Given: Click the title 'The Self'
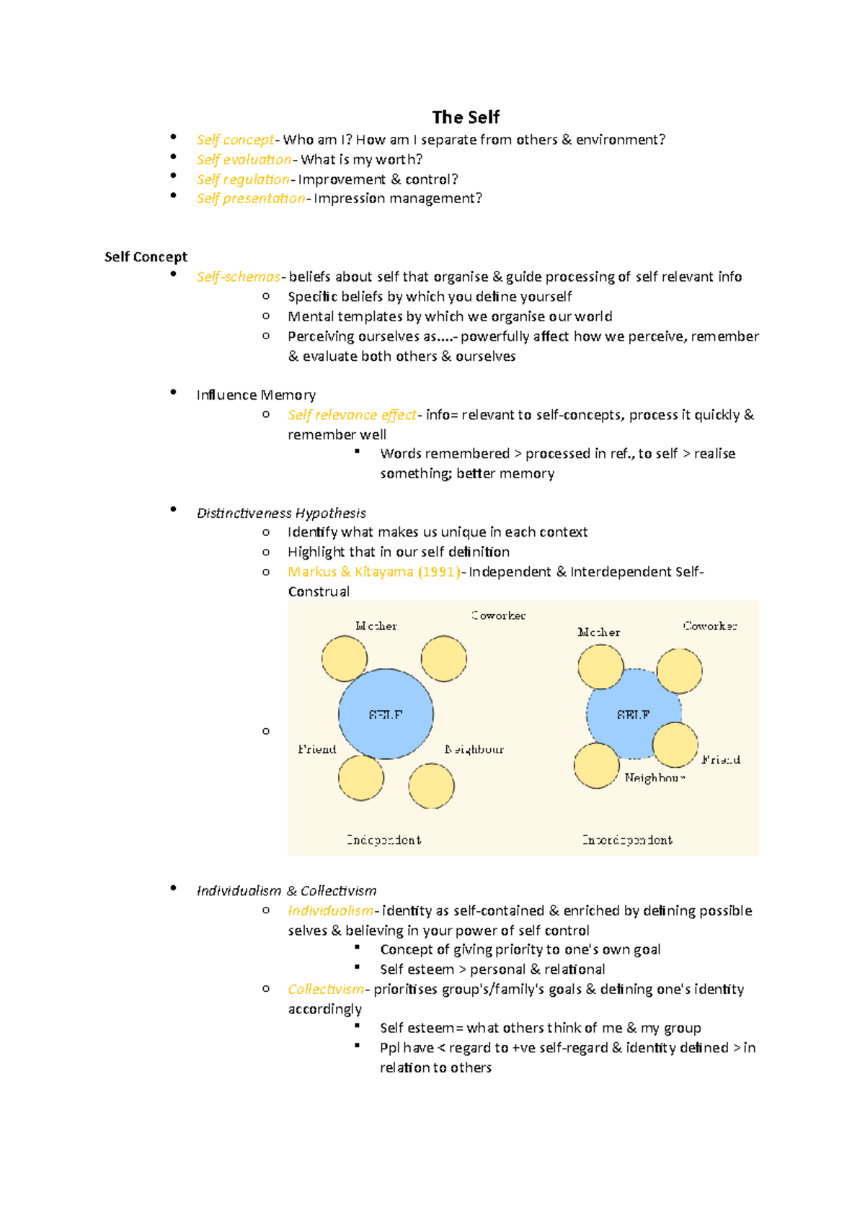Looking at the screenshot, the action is pos(466,117).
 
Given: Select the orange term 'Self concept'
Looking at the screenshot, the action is pos(235,140).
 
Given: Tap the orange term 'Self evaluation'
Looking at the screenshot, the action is pos(244,160).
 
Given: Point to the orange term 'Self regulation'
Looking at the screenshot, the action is pos(242,179).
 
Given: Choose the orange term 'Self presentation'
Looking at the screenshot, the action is pos(250,199).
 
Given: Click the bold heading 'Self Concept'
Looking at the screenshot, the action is pos(146,257).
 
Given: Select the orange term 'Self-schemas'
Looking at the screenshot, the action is pos(238,277).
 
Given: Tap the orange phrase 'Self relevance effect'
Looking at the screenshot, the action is pos(352,415).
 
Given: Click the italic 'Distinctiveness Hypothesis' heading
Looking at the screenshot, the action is pos(281,513).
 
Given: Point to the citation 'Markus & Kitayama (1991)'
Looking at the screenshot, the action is pos(373,572).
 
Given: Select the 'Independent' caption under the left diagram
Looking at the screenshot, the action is pos(383,840).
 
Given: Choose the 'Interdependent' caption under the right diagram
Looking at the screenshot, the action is pos(627,840).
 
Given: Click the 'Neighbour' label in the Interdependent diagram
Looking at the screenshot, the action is pos(654,778).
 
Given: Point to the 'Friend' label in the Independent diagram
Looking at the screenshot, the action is pos(317,749).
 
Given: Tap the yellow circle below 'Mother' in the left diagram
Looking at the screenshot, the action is pos(344,658).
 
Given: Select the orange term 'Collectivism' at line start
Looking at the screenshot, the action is pos(326,990).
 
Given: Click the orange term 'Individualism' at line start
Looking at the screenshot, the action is pos(330,911).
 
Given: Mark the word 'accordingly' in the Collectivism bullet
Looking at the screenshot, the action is pos(324,1009).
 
